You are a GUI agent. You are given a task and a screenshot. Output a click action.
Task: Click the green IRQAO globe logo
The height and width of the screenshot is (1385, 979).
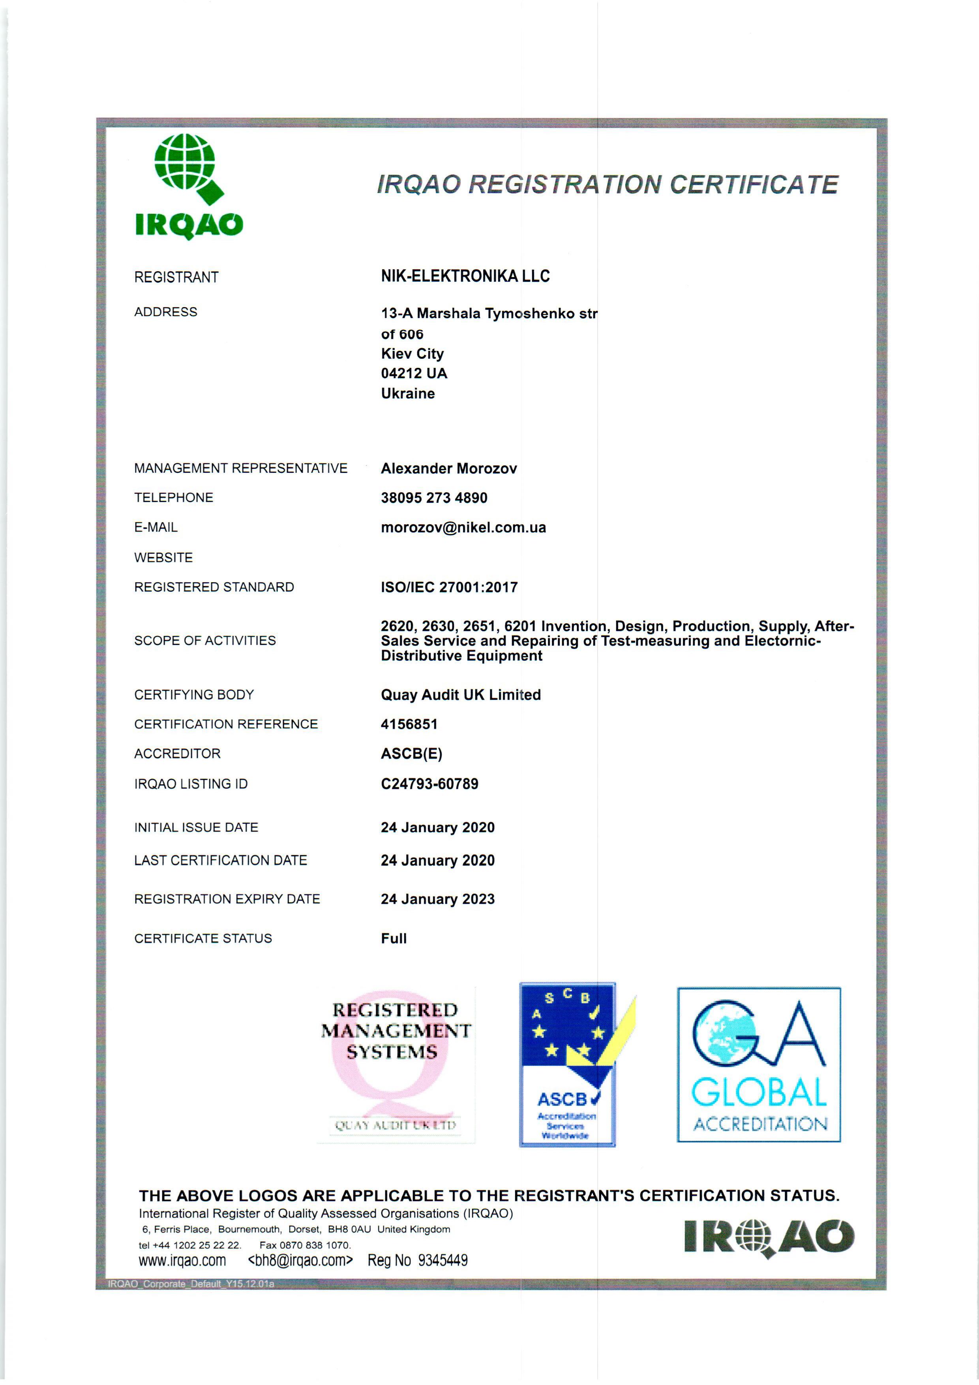[x=189, y=185]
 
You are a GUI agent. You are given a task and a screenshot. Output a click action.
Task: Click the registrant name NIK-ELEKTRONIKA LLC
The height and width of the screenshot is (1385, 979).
[x=465, y=276]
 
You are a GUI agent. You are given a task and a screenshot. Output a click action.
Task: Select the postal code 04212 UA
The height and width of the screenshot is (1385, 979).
[x=414, y=373]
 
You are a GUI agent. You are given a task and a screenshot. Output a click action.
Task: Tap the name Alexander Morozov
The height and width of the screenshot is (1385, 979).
[x=449, y=469]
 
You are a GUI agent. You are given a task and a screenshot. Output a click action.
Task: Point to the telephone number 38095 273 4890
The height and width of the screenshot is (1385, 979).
[x=434, y=498]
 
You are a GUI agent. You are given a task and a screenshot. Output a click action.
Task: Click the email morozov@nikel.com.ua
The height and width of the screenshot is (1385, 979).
[x=463, y=528]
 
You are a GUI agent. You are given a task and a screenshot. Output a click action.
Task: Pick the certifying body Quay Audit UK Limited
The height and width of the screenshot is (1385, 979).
[x=460, y=695]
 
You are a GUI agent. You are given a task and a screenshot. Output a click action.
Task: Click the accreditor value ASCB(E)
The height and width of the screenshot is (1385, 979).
[x=411, y=754]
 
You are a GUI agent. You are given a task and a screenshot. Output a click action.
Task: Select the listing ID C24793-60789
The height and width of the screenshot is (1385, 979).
[x=429, y=784]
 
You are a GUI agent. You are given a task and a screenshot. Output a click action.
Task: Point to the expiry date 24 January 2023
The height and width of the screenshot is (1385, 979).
[x=437, y=900]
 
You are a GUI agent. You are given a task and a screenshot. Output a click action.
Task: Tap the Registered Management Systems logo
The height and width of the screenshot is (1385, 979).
[x=396, y=1065]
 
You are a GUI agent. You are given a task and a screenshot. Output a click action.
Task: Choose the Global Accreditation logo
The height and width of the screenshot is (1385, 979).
[x=759, y=1065]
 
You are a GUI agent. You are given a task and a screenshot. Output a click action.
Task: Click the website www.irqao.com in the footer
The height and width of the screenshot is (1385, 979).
[x=182, y=1261]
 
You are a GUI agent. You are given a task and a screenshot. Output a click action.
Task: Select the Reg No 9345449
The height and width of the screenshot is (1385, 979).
[x=418, y=1261]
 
